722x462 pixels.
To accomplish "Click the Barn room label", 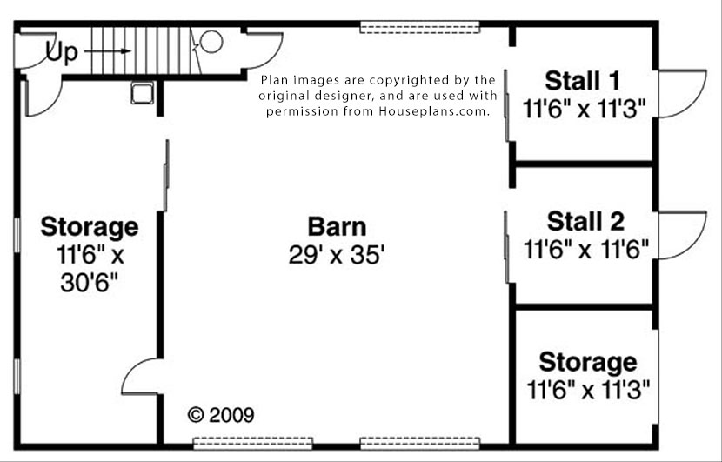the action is [x=337, y=226].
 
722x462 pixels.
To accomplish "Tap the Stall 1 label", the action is [x=583, y=81].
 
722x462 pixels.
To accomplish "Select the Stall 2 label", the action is [x=585, y=221].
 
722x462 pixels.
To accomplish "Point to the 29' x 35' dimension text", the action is [x=337, y=255].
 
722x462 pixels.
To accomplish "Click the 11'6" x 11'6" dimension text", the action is [x=585, y=250].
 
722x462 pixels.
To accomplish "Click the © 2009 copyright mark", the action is [x=221, y=415].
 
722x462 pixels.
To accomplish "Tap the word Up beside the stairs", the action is [x=62, y=52].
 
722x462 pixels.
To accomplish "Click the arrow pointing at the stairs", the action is [x=107, y=51].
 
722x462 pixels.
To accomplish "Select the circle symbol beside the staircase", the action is [x=211, y=42].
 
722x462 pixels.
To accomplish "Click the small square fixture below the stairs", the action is [x=143, y=92].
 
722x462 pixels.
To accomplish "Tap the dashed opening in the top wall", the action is [x=419, y=27].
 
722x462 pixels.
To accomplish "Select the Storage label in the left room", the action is [x=90, y=226].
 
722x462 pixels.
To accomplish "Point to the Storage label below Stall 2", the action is [x=588, y=362].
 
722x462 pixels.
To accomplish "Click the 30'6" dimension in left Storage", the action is [x=90, y=283].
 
